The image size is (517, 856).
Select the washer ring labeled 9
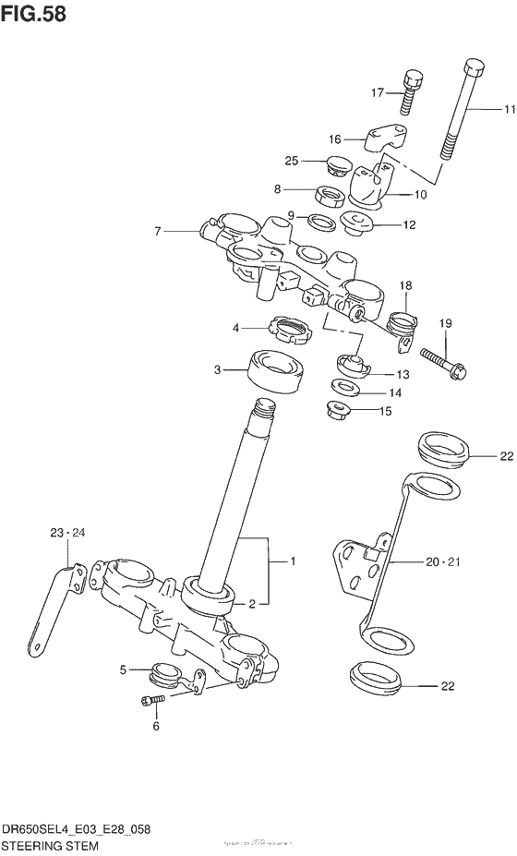click(319, 222)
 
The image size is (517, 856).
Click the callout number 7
click(159, 230)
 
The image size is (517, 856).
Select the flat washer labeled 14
click(346, 388)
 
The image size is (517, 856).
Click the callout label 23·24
click(66, 533)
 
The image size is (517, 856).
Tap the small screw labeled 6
click(151, 702)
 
